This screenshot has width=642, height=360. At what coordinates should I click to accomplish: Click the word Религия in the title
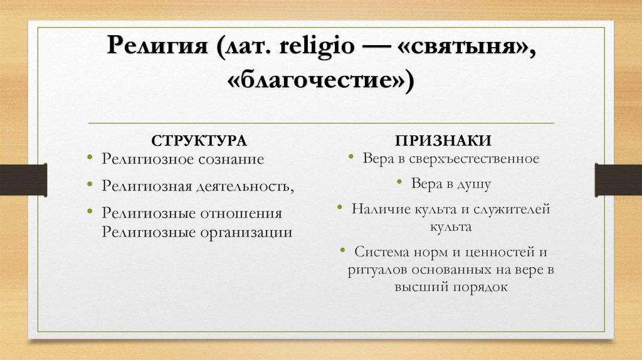159,48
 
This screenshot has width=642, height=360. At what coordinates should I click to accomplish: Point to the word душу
468,184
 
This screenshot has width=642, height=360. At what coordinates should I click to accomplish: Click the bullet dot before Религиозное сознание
92,157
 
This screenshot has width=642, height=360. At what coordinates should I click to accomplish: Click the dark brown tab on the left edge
23,179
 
